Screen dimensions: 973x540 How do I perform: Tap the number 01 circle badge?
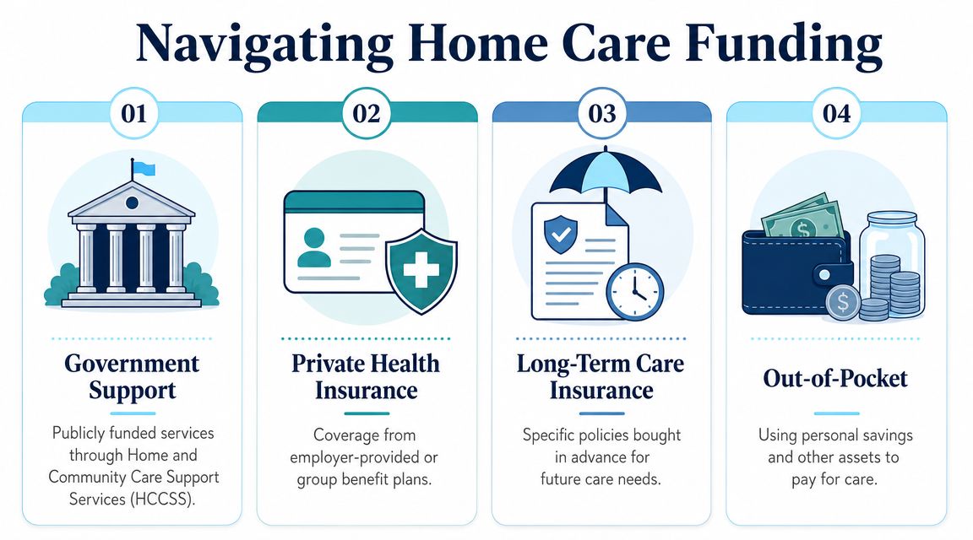pos(134,113)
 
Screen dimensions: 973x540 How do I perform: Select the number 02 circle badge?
pos(367,113)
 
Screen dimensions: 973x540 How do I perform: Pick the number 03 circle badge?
pos(602,113)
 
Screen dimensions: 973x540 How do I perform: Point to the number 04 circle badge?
pos(836,113)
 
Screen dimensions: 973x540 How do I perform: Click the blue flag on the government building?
pos(144,168)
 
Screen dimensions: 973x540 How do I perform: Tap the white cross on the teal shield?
pos(421,270)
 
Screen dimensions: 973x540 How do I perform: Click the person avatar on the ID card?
pos(314,248)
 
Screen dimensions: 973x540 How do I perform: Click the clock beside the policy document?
pos(635,292)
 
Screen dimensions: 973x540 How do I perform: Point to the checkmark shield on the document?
pos(560,235)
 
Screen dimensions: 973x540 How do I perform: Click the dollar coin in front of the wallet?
pos(843,302)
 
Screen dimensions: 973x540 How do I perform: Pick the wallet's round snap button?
pos(824,273)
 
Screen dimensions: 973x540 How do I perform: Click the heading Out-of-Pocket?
pos(835,378)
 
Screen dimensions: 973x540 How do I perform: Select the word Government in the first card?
pos(132,364)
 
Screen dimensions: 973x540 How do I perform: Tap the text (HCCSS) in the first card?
pos(162,499)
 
